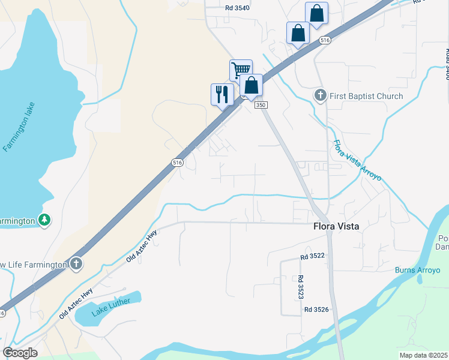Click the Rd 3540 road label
pyautogui.click(x=238, y=8)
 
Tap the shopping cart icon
pyautogui.click(x=240, y=70)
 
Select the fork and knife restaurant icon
pyautogui.click(x=221, y=94)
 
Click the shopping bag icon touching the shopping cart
pyautogui.click(x=252, y=85)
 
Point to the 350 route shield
pyautogui.click(x=260, y=105)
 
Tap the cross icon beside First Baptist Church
pyautogui.click(x=321, y=95)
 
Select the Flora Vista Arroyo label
pyautogui.click(x=357, y=160)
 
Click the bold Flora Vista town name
pyautogui.click(x=336, y=227)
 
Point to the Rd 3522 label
pyautogui.click(x=313, y=256)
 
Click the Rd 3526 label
pyautogui.click(x=316, y=310)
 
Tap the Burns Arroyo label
pyautogui.click(x=417, y=270)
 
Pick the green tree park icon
pyautogui.click(x=44, y=220)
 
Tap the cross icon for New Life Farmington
pyautogui.click(x=76, y=263)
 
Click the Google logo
pyautogui.click(x=20, y=353)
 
